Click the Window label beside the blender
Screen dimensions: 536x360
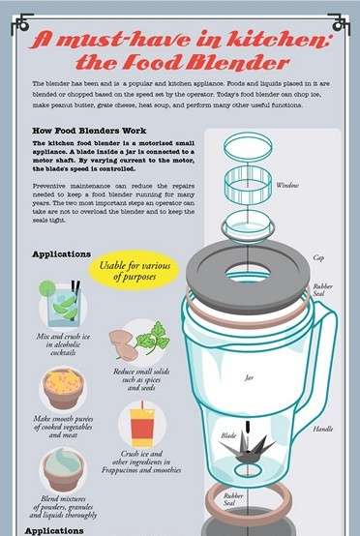click(287, 185)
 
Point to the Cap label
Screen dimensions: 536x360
click(319, 258)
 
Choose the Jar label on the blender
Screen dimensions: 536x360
click(248, 377)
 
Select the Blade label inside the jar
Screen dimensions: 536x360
click(228, 436)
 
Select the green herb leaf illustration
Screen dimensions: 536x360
click(151, 338)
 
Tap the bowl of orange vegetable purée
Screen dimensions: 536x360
click(63, 387)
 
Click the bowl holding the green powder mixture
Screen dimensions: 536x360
click(62, 469)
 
